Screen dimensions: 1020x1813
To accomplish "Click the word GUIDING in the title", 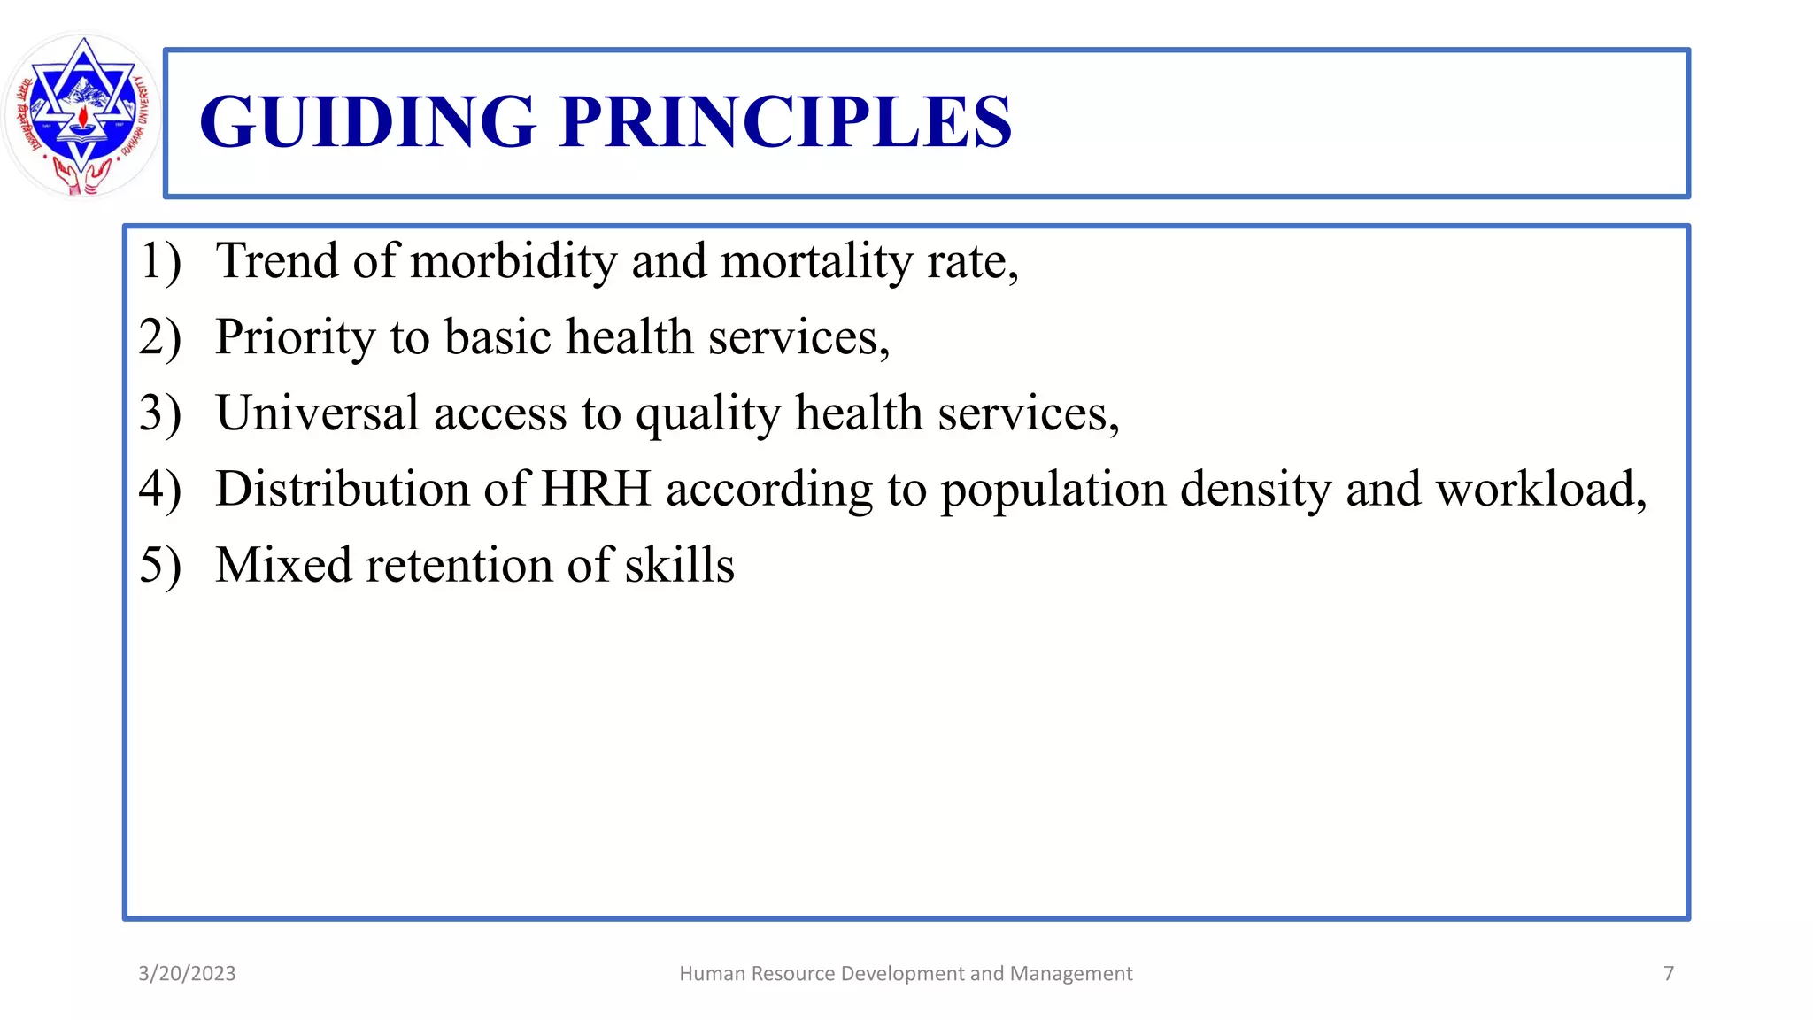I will click(367, 121).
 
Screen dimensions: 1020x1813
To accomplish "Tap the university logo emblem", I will click(82, 115).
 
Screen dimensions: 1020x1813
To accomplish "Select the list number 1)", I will click(160, 262).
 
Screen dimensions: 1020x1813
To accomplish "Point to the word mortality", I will click(816, 262).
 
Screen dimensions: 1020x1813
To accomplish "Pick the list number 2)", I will click(160, 338).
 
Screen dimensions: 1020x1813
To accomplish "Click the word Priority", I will click(296, 338).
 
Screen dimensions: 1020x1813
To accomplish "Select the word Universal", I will click(317, 414).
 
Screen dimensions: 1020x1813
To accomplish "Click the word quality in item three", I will click(708, 414).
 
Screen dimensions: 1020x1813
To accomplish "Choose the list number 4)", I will click(160, 491).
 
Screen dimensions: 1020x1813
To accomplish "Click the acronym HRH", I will click(595, 490).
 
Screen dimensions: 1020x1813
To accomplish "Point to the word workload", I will click(1540, 490).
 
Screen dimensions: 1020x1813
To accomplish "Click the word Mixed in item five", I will click(283, 566).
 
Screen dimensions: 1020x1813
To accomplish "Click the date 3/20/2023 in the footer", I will click(187, 974).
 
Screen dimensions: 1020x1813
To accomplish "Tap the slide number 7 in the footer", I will click(1669, 974).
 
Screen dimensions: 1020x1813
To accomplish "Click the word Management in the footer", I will click(1071, 974).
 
